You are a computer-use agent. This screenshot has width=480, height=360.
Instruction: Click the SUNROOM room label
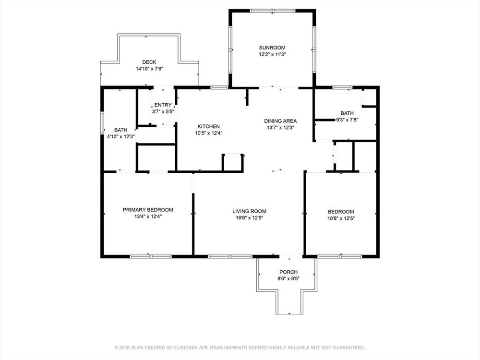coord(272,48)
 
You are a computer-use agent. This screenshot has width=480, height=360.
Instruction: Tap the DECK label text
coord(149,62)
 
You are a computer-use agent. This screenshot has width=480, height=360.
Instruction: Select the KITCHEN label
coord(208,126)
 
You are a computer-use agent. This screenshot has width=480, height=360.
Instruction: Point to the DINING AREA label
coord(280,121)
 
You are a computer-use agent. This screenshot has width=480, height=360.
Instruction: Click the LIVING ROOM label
coord(249,211)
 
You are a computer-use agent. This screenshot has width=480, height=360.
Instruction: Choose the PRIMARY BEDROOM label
coord(148,210)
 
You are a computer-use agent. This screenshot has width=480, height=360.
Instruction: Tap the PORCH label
coord(288,272)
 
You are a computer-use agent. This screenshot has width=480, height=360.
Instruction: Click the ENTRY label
coord(163,105)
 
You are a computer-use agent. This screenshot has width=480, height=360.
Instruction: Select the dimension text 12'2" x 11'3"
coord(272,54)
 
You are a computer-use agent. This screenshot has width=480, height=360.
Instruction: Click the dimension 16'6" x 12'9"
coord(250,217)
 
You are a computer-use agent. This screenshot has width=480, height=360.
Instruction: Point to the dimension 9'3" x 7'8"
coord(347,120)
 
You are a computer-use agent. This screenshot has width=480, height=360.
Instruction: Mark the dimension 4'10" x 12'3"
coord(121,136)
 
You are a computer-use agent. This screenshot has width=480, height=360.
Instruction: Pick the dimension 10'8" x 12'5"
coord(341,218)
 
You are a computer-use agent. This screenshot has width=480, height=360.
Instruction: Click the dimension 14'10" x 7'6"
coord(149,69)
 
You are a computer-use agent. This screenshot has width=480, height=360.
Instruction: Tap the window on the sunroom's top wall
coord(273,11)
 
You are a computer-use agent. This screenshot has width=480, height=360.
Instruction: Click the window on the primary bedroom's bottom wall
coord(151,256)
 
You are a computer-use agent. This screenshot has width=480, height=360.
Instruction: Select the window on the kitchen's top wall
coord(219,87)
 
